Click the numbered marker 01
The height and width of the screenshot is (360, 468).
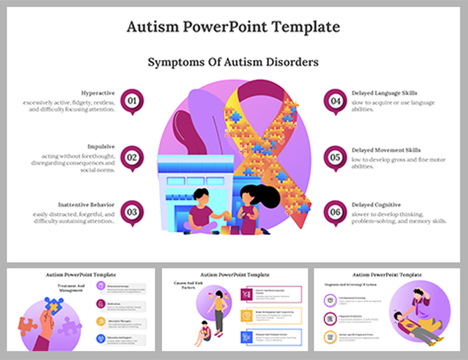(x=131, y=100)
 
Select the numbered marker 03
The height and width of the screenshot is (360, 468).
(x=131, y=212)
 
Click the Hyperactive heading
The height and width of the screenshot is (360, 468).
(x=98, y=92)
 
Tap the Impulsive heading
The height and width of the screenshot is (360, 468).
(x=101, y=147)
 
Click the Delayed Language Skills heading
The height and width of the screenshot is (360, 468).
(x=385, y=92)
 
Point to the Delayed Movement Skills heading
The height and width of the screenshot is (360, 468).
(x=386, y=150)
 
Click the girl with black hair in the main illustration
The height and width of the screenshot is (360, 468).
(x=250, y=206)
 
